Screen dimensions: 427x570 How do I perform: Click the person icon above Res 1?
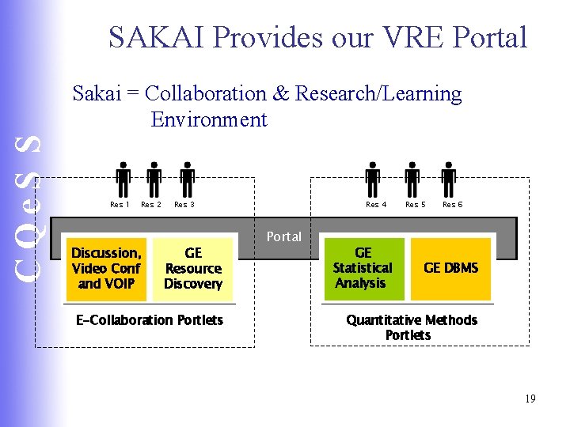(x=123, y=179)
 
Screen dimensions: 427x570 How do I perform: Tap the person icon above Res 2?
(x=154, y=179)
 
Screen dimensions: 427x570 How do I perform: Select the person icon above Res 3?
(x=187, y=179)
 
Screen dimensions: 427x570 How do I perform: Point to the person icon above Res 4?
(x=374, y=179)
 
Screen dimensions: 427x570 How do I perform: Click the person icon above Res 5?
(x=412, y=179)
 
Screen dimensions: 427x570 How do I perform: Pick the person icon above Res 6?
(x=449, y=179)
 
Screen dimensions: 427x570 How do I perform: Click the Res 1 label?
(x=120, y=205)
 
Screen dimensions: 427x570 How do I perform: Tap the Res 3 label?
(x=184, y=205)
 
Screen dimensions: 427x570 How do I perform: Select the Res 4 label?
(x=376, y=205)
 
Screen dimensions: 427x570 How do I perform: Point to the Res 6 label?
(x=453, y=205)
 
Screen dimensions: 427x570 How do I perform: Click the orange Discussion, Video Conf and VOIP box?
(x=106, y=268)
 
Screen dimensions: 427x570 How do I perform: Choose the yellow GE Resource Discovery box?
(x=193, y=268)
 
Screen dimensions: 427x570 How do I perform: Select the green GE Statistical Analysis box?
(x=363, y=268)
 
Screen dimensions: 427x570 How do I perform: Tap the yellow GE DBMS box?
(x=450, y=268)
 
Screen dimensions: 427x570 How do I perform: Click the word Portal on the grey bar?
(x=284, y=236)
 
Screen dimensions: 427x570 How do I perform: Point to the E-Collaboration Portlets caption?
(x=150, y=320)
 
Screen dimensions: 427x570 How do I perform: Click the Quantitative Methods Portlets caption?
(x=411, y=327)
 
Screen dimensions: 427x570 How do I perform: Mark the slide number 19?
(x=530, y=399)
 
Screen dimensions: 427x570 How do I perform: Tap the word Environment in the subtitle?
(x=209, y=120)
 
